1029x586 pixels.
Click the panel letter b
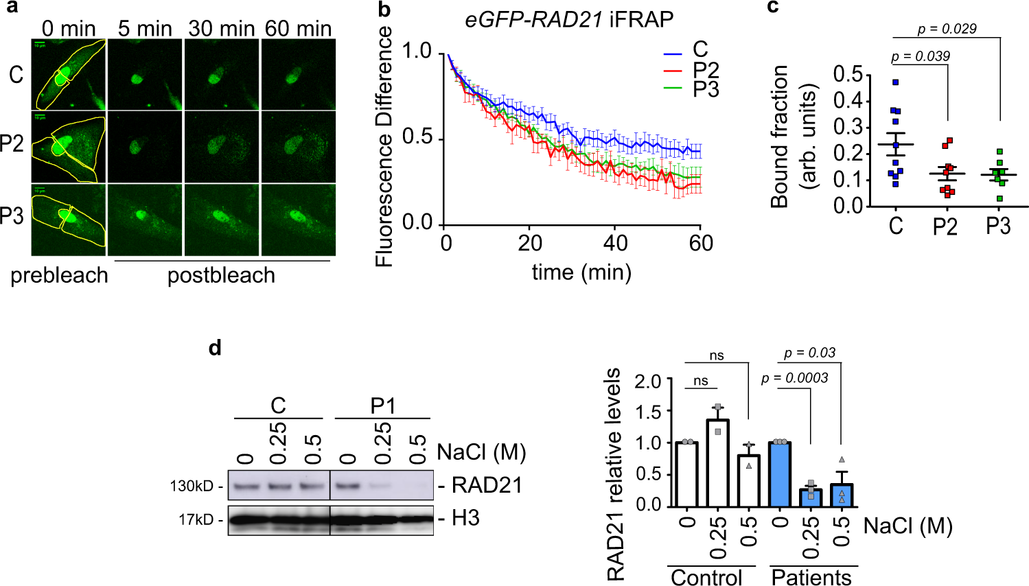pyautogui.click(x=384, y=10)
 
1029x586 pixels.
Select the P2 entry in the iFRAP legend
pyautogui.click(x=706, y=70)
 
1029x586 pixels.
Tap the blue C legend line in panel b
pyautogui.click(x=673, y=53)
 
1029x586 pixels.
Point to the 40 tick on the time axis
pyautogui.click(x=615, y=243)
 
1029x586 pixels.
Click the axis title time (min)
pyautogui.click(x=581, y=272)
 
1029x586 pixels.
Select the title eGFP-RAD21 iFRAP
pyautogui.click(x=569, y=19)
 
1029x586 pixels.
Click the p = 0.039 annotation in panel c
pyautogui.click(x=921, y=56)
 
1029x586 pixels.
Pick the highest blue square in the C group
pyautogui.click(x=895, y=82)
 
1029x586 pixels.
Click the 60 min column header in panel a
pyautogui.click(x=298, y=28)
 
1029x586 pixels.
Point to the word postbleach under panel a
pyautogui.click(x=221, y=275)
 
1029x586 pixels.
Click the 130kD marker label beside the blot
pyautogui.click(x=192, y=487)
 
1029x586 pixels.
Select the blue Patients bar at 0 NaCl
pyautogui.click(x=780, y=473)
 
